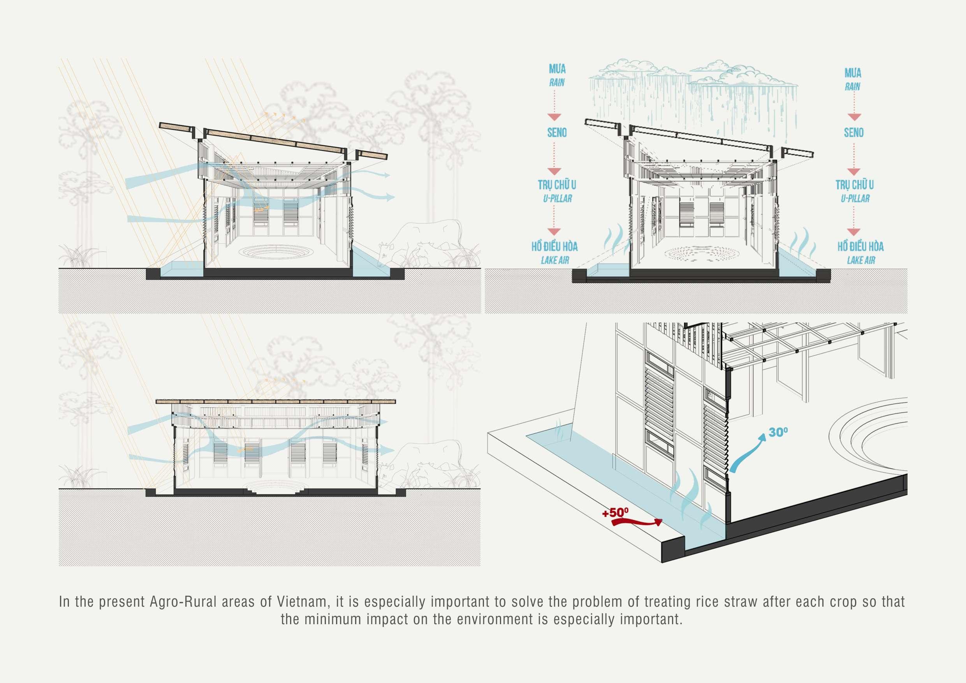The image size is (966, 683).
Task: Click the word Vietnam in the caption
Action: coord(301,602)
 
